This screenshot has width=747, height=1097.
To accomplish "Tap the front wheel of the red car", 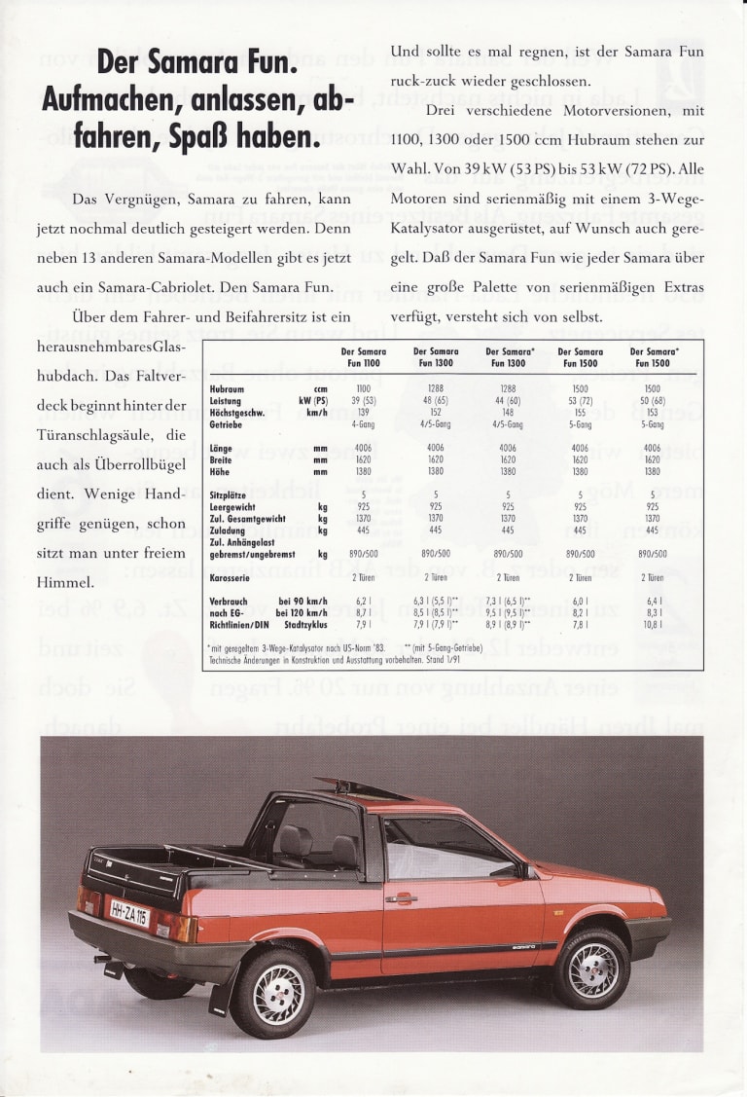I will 591,968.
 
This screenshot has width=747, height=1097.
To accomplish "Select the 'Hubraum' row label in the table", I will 226,388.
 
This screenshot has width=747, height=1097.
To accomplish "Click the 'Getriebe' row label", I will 225,423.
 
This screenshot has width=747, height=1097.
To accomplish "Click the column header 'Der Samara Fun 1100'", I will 364,357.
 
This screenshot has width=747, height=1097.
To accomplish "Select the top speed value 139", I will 364,412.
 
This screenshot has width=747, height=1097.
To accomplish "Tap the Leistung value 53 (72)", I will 580,400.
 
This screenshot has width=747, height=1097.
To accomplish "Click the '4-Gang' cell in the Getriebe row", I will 364,423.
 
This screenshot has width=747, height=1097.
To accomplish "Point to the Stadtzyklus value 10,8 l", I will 652,625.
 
